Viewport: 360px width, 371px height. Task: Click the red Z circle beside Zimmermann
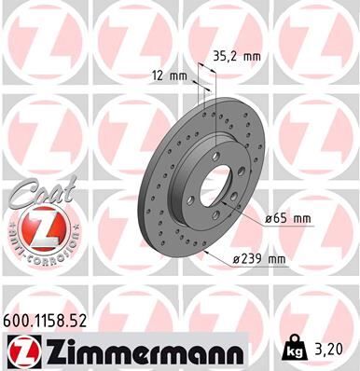coord(21,351)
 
